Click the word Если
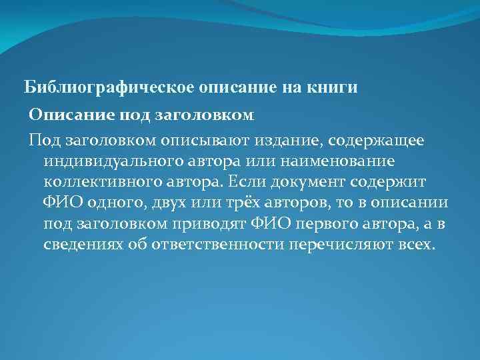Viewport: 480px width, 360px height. [240, 182]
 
